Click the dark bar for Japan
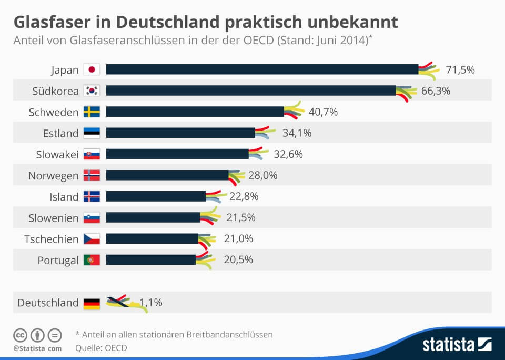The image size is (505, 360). (x=262, y=69)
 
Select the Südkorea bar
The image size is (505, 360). (x=251, y=91)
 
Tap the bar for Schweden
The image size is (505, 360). (x=195, y=112)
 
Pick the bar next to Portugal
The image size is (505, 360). (x=151, y=259)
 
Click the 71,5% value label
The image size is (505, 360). (x=460, y=69)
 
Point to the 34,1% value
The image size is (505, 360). (x=297, y=133)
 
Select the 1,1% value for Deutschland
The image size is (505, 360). (x=150, y=303)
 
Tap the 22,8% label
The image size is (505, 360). (x=244, y=196)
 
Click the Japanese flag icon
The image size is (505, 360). (x=92, y=69)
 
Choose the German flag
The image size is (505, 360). (x=92, y=303)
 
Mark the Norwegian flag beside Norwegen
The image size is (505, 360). (x=92, y=175)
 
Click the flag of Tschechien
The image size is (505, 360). (x=92, y=239)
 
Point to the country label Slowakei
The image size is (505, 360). (x=58, y=154)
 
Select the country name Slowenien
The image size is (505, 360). (x=54, y=218)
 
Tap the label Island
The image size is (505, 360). (x=64, y=197)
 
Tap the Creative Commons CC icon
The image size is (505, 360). (x=21, y=335)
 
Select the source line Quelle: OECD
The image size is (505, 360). (x=102, y=347)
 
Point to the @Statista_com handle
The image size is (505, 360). (x=37, y=348)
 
